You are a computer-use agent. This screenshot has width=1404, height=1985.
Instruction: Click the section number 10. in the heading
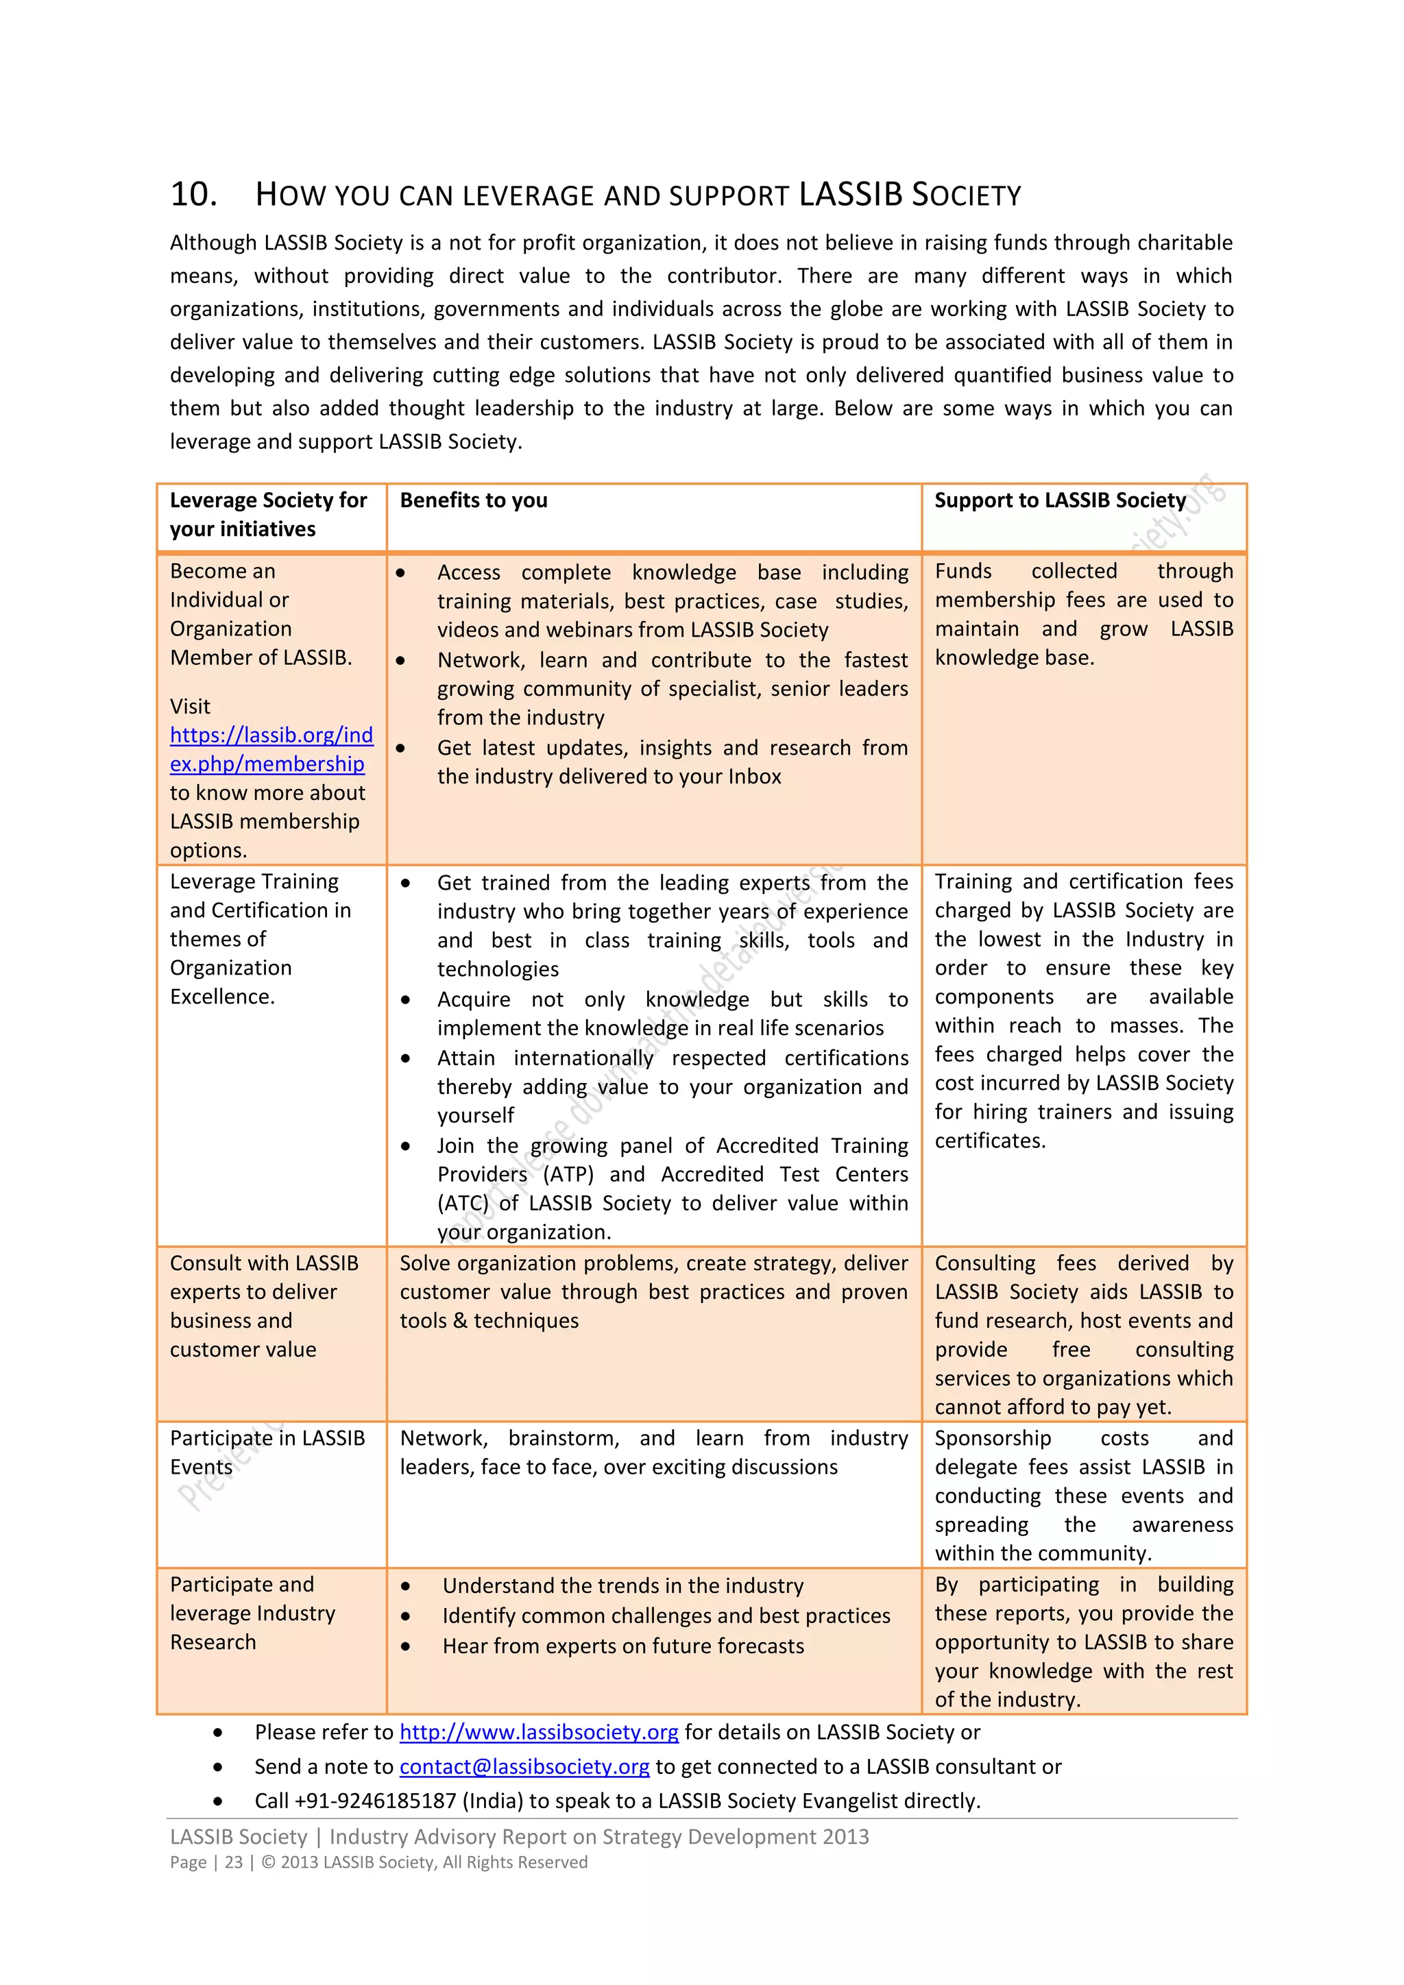pos(193,195)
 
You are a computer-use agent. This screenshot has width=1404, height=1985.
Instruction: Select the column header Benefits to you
pos(473,500)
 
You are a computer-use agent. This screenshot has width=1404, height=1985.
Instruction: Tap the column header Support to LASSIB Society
pos(1059,500)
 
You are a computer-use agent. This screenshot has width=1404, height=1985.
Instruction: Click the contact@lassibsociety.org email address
pos(524,1767)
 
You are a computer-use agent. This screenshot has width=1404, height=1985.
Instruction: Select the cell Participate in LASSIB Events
pos(267,1452)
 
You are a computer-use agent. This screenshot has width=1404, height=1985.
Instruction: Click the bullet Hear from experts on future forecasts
pos(622,1646)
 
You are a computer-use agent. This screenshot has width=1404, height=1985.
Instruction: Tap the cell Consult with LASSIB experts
pos(264,1306)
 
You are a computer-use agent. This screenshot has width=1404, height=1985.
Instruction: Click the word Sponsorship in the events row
pos(993,1439)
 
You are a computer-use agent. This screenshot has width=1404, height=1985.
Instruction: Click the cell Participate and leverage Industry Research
pos(252,1613)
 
